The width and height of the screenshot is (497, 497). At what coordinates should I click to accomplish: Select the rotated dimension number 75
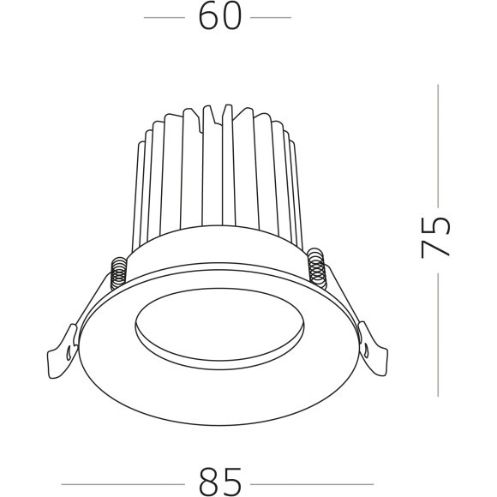tap(435, 238)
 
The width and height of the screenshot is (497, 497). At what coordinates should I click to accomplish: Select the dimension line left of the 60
tap(165, 17)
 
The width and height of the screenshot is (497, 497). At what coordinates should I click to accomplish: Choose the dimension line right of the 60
tap(269, 17)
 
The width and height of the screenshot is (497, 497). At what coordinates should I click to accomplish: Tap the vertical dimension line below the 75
tap(439, 334)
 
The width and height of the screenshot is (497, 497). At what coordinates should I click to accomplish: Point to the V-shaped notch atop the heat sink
tap(225, 111)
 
